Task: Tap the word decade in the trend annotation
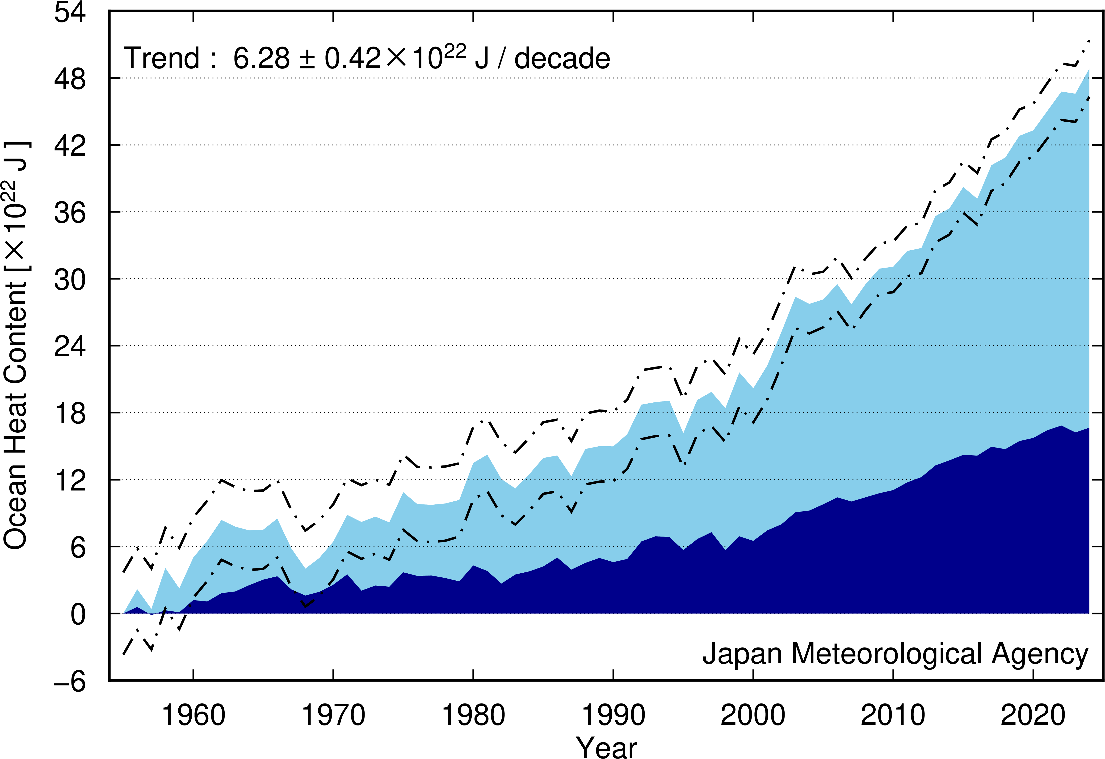tap(563, 58)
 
